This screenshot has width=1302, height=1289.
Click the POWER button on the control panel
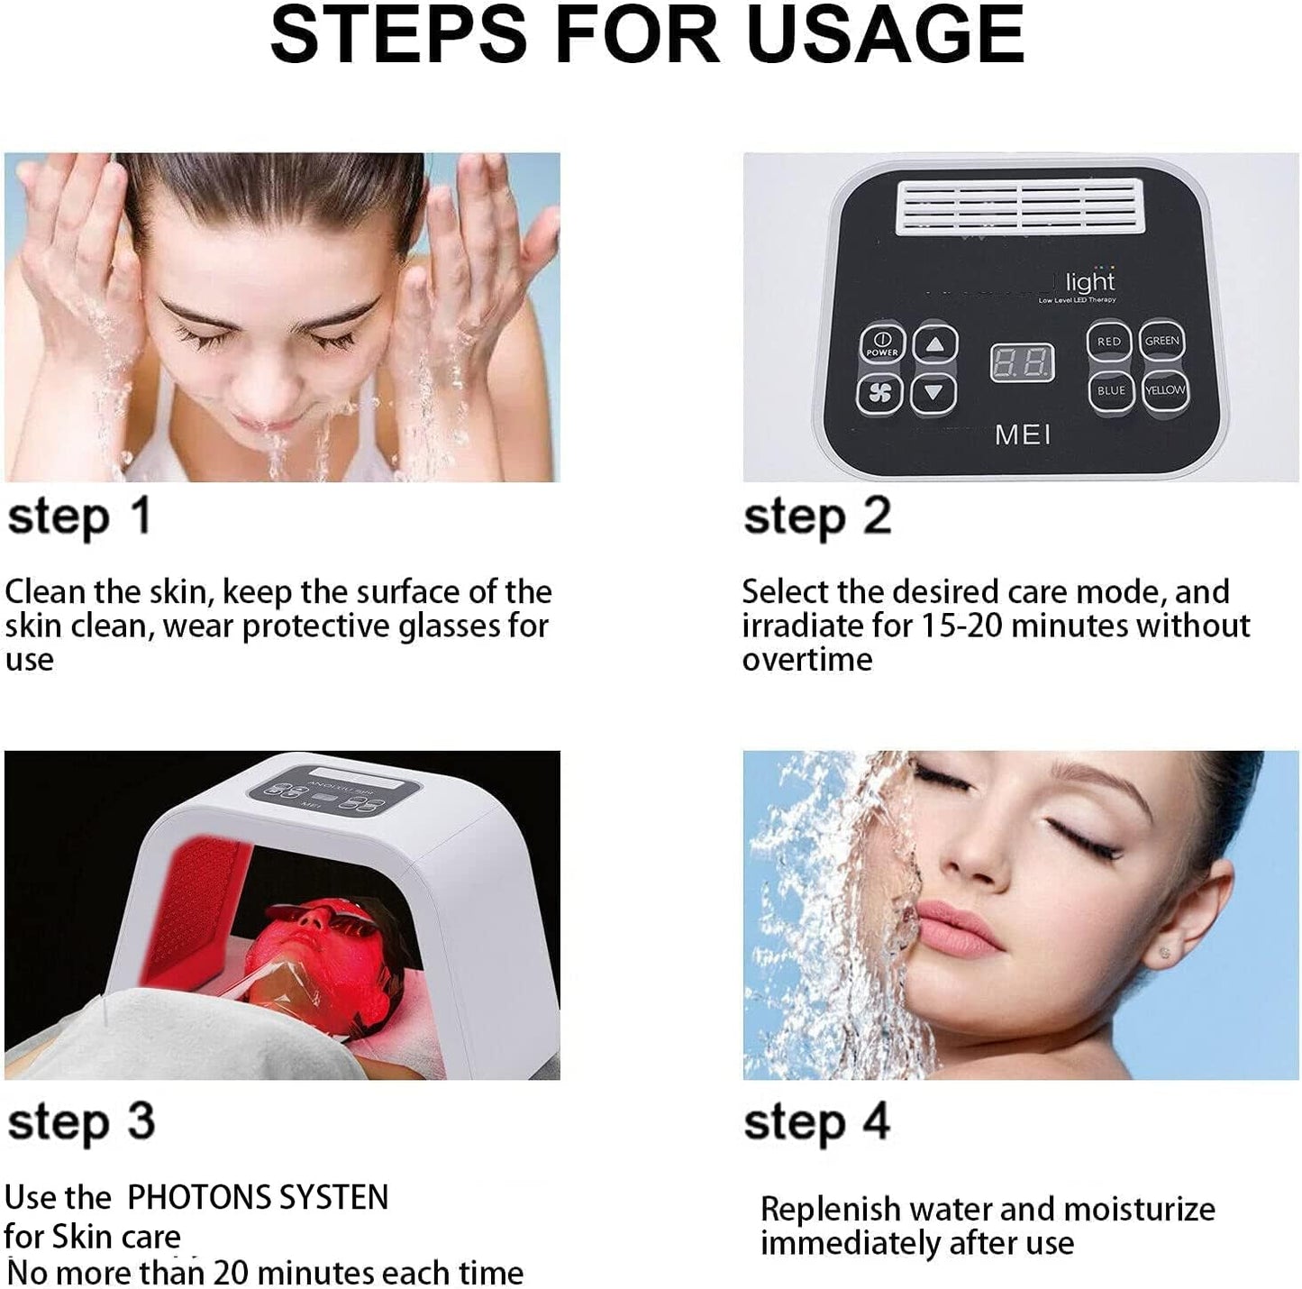(x=880, y=343)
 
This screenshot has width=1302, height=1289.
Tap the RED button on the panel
(x=1108, y=342)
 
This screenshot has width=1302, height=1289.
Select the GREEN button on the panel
(x=1161, y=341)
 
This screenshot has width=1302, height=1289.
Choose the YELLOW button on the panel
(x=1164, y=390)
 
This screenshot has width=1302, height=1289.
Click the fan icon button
(x=880, y=392)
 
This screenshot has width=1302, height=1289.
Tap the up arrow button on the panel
(x=934, y=343)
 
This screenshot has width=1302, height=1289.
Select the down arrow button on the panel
(x=934, y=392)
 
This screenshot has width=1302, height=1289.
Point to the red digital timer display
(x=1022, y=363)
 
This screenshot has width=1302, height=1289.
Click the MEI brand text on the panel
(x=1023, y=435)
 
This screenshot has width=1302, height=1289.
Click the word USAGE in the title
(x=885, y=34)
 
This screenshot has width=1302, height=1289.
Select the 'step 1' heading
(x=79, y=517)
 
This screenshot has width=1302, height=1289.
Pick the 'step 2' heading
(x=817, y=517)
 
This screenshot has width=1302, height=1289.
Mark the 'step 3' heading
(x=81, y=1122)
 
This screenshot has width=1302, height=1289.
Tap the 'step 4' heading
(x=816, y=1122)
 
